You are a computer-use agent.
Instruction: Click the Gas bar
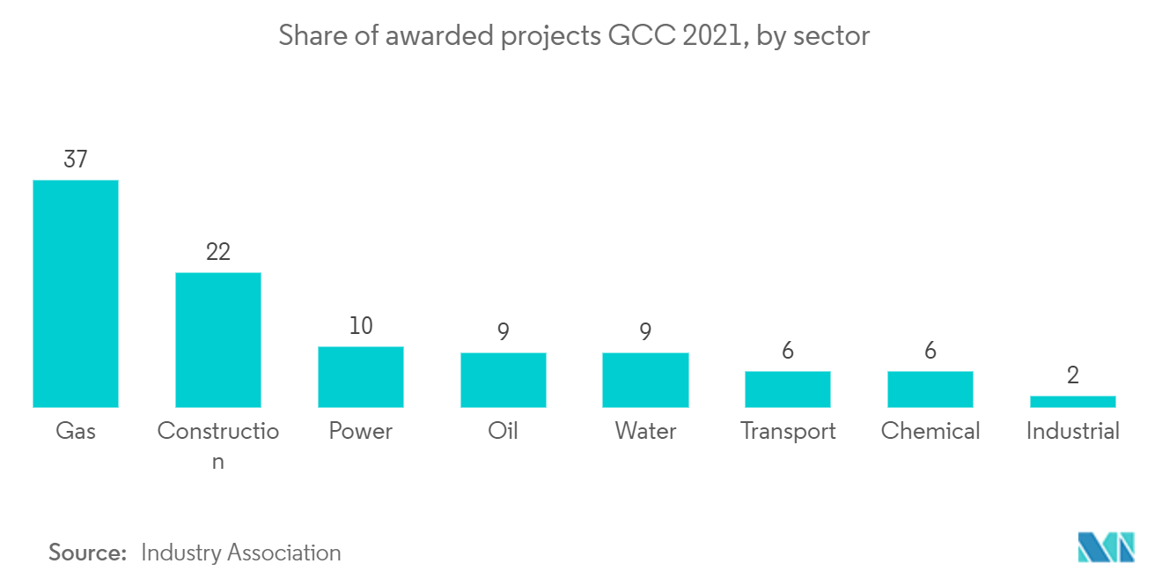pyautogui.click(x=76, y=293)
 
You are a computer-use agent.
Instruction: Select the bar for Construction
pyautogui.click(x=218, y=340)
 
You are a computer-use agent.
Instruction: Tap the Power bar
pyautogui.click(x=361, y=377)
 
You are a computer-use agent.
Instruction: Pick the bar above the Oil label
pyautogui.click(x=504, y=380)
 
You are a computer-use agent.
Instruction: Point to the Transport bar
pyautogui.click(x=788, y=389)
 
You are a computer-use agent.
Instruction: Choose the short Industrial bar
pyautogui.click(x=1072, y=402)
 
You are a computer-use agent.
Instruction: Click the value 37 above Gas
pyautogui.click(x=76, y=159)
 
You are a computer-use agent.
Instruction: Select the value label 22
pyautogui.click(x=218, y=252)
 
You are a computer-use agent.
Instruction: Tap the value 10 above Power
pyautogui.click(x=361, y=326)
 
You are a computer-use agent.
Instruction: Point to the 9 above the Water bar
pyautogui.click(x=645, y=332)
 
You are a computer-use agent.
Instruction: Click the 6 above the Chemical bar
pyautogui.click(x=930, y=351)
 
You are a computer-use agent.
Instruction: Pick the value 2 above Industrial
pyautogui.click(x=1072, y=375)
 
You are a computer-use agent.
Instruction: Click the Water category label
pyautogui.click(x=645, y=431)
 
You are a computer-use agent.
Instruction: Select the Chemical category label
pyautogui.click(x=930, y=431)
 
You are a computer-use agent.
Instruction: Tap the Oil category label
pyautogui.click(x=504, y=431)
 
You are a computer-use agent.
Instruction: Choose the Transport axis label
pyautogui.click(x=788, y=431)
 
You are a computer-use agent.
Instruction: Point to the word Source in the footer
pyautogui.click(x=88, y=553)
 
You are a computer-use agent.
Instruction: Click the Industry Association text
pyautogui.click(x=241, y=553)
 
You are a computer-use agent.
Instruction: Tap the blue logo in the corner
pyautogui.click(x=1106, y=547)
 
